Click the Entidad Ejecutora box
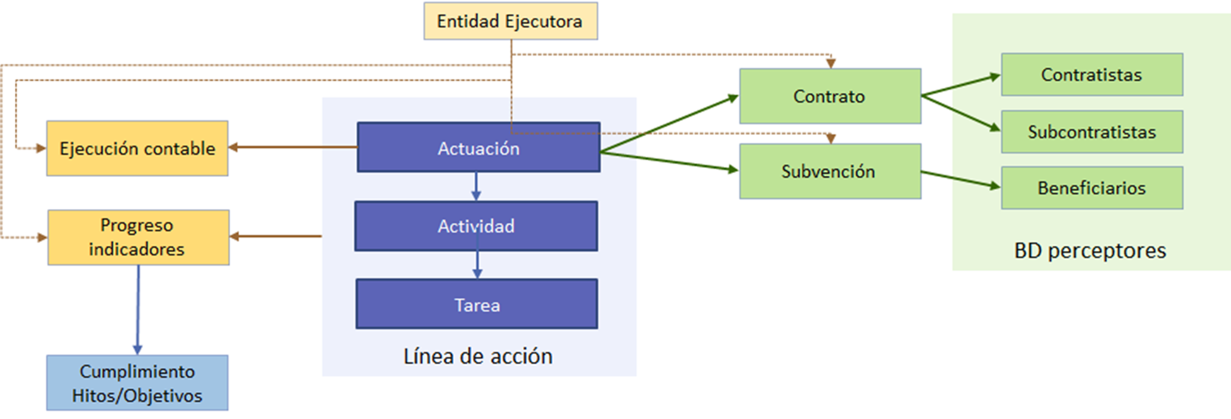511,21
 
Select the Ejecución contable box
137,149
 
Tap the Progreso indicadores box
138,237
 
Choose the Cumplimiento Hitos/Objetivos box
137,383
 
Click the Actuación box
478,149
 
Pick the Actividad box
476,226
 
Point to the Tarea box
477,304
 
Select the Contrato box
830,96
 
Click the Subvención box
830,171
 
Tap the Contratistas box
1091,75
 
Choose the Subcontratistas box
1091,132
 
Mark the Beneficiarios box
1091,188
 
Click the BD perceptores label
1090,251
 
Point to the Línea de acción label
478,356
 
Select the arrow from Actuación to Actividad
476,186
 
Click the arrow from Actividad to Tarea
477,264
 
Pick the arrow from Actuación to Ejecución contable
292,147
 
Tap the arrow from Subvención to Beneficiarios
960,180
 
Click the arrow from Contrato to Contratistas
960,85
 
